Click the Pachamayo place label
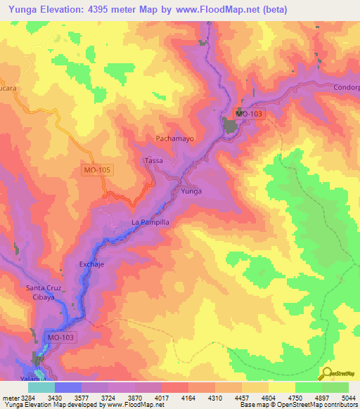[x=174, y=138]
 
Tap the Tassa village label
[x=153, y=160]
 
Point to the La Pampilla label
[x=150, y=222]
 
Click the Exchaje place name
[x=91, y=265]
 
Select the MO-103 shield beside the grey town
[x=250, y=114]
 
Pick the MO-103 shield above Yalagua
[x=61, y=338]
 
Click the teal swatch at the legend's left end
[x=41, y=387]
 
